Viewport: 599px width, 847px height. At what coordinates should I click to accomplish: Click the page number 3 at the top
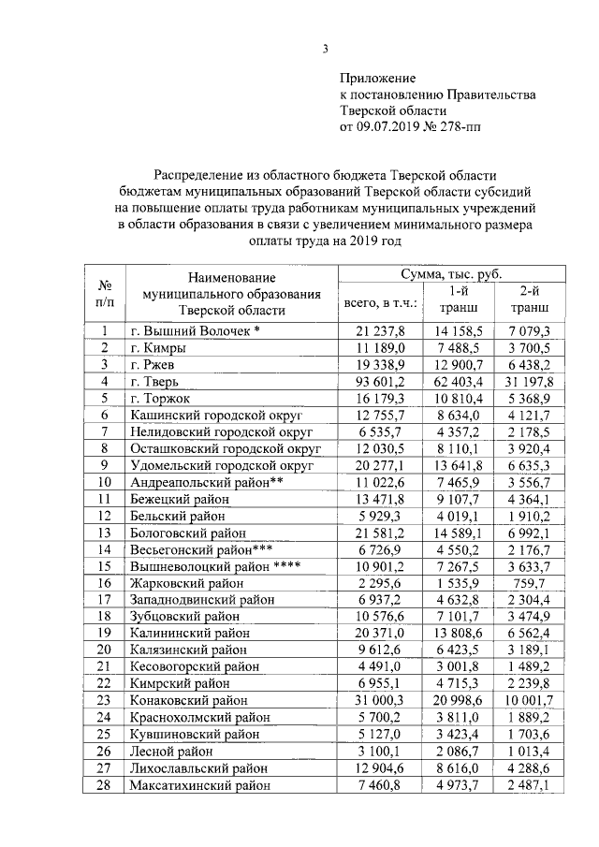[326, 50]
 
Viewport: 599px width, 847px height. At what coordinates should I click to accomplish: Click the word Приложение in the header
[377, 79]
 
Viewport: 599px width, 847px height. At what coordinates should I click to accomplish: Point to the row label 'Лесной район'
[169, 751]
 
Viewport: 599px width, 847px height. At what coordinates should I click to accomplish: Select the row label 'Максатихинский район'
[202, 784]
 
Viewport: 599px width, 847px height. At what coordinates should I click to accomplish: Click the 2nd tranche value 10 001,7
[530, 700]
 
